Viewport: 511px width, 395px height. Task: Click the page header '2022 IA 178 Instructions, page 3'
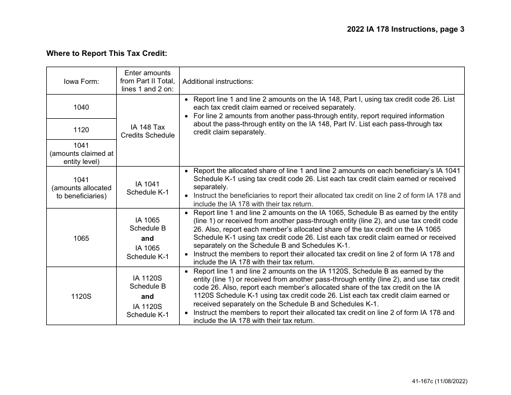pyautogui.click(x=405, y=30)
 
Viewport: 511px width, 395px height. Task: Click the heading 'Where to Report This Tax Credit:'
pyautogui.click(x=107, y=53)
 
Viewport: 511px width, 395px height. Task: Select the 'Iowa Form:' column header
pyautogui.click(x=81, y=81)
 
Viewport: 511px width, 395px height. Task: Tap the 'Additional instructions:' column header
pyautogui.click(x=218, y=82)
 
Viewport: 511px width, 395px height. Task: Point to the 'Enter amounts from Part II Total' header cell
pyautogui.click(x=147, y=81)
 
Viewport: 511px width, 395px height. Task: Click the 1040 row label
pyautogui.click(x=81, y=107)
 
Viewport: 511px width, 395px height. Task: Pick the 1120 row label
pyautogui.click(x=81, y=130)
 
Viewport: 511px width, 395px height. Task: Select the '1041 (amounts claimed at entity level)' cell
pyautogui.click(x=81, y=153)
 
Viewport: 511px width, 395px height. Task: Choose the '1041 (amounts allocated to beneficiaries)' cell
pyautogui.click(x=81, y=188)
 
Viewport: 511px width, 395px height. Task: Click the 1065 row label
pyautogui.click(x=81, y=238)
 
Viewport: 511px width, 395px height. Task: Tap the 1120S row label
pyautogui.click(x=81, y=296)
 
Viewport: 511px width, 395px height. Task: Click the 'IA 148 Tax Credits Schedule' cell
pyautogui.click(x=147, y=131)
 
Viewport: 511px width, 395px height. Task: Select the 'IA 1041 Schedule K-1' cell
pyautogui.click(x=147, y=188)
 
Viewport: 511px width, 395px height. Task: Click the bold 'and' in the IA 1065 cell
pyautogui.click(x=147, y=238)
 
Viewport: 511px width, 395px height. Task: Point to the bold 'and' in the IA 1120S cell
pyautogui.click(x=147, y=296)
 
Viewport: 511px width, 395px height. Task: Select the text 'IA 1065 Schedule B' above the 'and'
pyautogui.click(x=147, y=224)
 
